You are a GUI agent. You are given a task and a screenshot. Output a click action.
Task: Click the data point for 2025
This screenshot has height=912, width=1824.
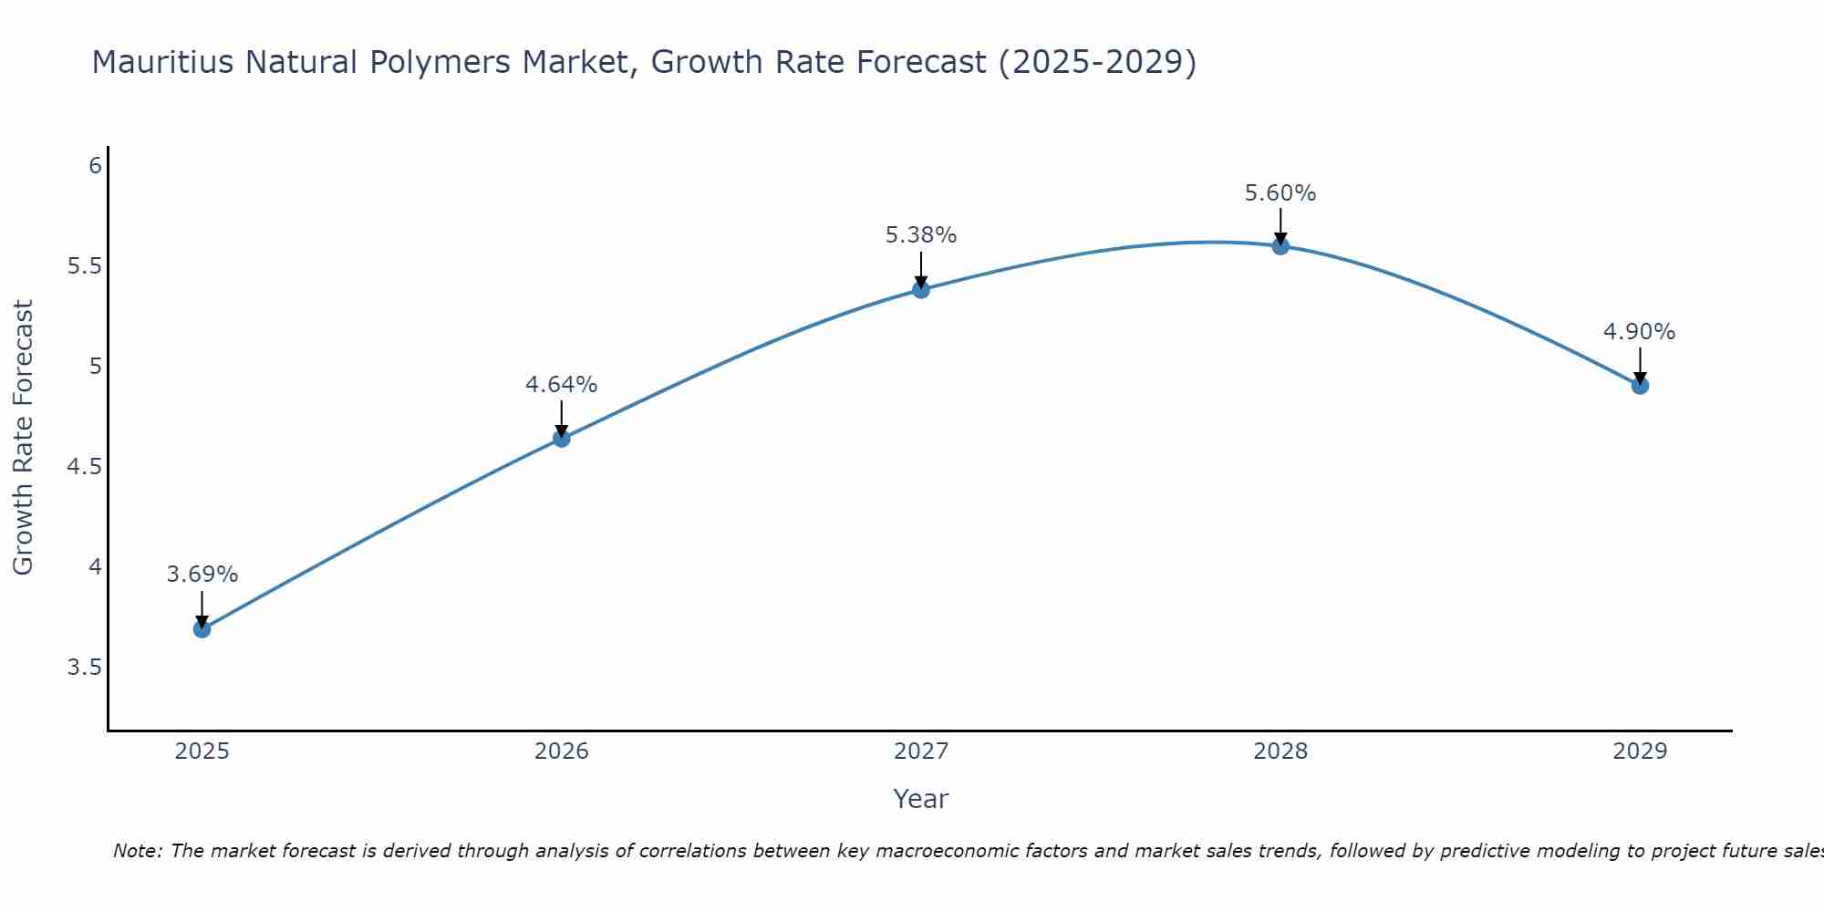[202, 628]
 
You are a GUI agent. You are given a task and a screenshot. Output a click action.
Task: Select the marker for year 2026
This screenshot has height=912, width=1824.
[562, 439]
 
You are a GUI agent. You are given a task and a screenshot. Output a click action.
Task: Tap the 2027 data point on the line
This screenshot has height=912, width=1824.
[921, 290]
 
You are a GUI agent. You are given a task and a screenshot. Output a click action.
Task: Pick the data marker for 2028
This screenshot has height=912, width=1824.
[1280, 245]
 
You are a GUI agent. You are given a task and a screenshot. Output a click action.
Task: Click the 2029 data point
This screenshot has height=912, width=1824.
[1640, 386]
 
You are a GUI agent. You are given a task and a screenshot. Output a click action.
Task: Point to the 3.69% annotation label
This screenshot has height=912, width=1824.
[202, 575]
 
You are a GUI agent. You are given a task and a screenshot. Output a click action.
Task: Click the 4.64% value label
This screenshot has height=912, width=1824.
[562, 385]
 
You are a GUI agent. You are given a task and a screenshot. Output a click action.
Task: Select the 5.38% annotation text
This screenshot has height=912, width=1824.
[921, 235]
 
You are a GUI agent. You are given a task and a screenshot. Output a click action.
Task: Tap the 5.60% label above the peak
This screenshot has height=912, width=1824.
[1280, 193]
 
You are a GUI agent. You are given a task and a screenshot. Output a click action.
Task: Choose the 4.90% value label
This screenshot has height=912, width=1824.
[1640, 332]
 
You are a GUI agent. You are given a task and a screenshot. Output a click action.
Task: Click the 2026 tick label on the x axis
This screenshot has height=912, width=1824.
[562, 751]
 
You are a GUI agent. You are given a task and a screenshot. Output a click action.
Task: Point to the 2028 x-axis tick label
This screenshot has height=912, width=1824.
[1280, 751]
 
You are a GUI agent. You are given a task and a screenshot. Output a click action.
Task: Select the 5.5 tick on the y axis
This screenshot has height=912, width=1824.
[84, 266]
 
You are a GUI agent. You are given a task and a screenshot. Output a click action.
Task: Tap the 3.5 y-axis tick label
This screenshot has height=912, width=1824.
[84, 668]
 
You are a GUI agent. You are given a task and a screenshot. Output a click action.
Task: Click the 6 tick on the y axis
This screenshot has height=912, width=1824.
[95, 166]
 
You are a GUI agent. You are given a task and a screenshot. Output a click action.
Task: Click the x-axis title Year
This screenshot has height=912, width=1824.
[921, 799]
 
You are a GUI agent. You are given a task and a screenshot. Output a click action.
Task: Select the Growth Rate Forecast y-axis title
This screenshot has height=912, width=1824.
[24, 438]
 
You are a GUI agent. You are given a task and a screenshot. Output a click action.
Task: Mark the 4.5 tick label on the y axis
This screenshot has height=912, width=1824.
[84, 467]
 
